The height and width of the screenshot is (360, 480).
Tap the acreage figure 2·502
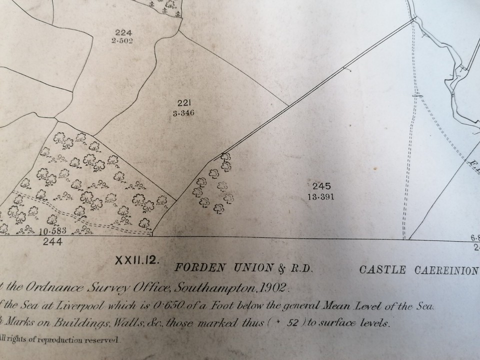122,40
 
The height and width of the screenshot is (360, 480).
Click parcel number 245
321,186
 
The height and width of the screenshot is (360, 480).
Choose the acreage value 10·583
52,232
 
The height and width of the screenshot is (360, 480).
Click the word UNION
250,268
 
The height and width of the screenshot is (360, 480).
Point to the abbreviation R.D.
300,269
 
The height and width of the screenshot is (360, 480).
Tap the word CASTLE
383,270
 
